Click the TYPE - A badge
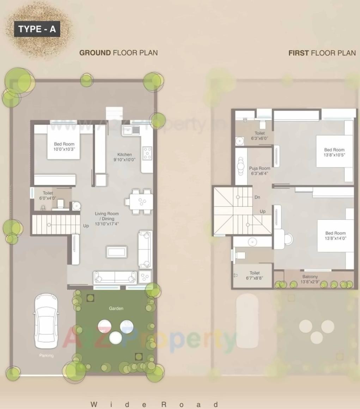[x=37, y=29]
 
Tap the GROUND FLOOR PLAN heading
[x=118, y=53]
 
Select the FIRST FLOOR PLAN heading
[x=322, y=53]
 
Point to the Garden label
[x=116, y=308]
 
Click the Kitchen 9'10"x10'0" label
[x=124, y=157]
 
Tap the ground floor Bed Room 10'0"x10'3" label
[x=64, y=146]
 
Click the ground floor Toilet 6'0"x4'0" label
[x=48, y=196]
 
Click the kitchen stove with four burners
[x=147, y=153]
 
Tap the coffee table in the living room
[x=117, y=252]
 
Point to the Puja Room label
[x=260, y=171]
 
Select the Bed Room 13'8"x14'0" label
[x=335, y=235]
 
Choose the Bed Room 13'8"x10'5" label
[x=334, y=152]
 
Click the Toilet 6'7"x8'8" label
[x=255, y=275]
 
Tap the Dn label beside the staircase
[x=257, y=197]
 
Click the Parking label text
[x=46, y=355]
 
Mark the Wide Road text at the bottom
[x=154, y=404]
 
